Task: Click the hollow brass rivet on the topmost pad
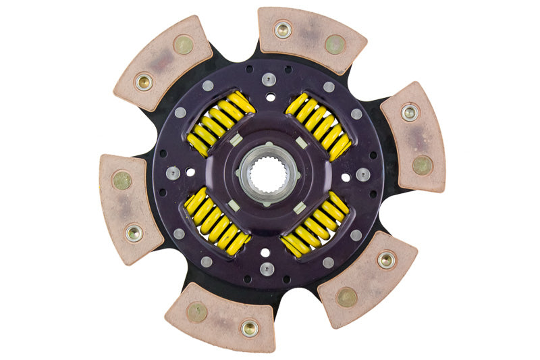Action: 283,29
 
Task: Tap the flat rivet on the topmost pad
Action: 335,44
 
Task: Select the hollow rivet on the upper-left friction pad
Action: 144,82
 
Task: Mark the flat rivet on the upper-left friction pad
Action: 183,45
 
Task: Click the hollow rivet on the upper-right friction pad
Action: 409,112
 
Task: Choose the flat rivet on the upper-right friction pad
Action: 422,163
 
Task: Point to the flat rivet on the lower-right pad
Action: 347,297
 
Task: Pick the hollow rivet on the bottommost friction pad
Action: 249,328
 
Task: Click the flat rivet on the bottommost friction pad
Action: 197,311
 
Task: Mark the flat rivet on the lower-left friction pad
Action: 122,180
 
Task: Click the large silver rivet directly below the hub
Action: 268,269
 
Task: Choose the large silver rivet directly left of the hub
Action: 173,174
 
